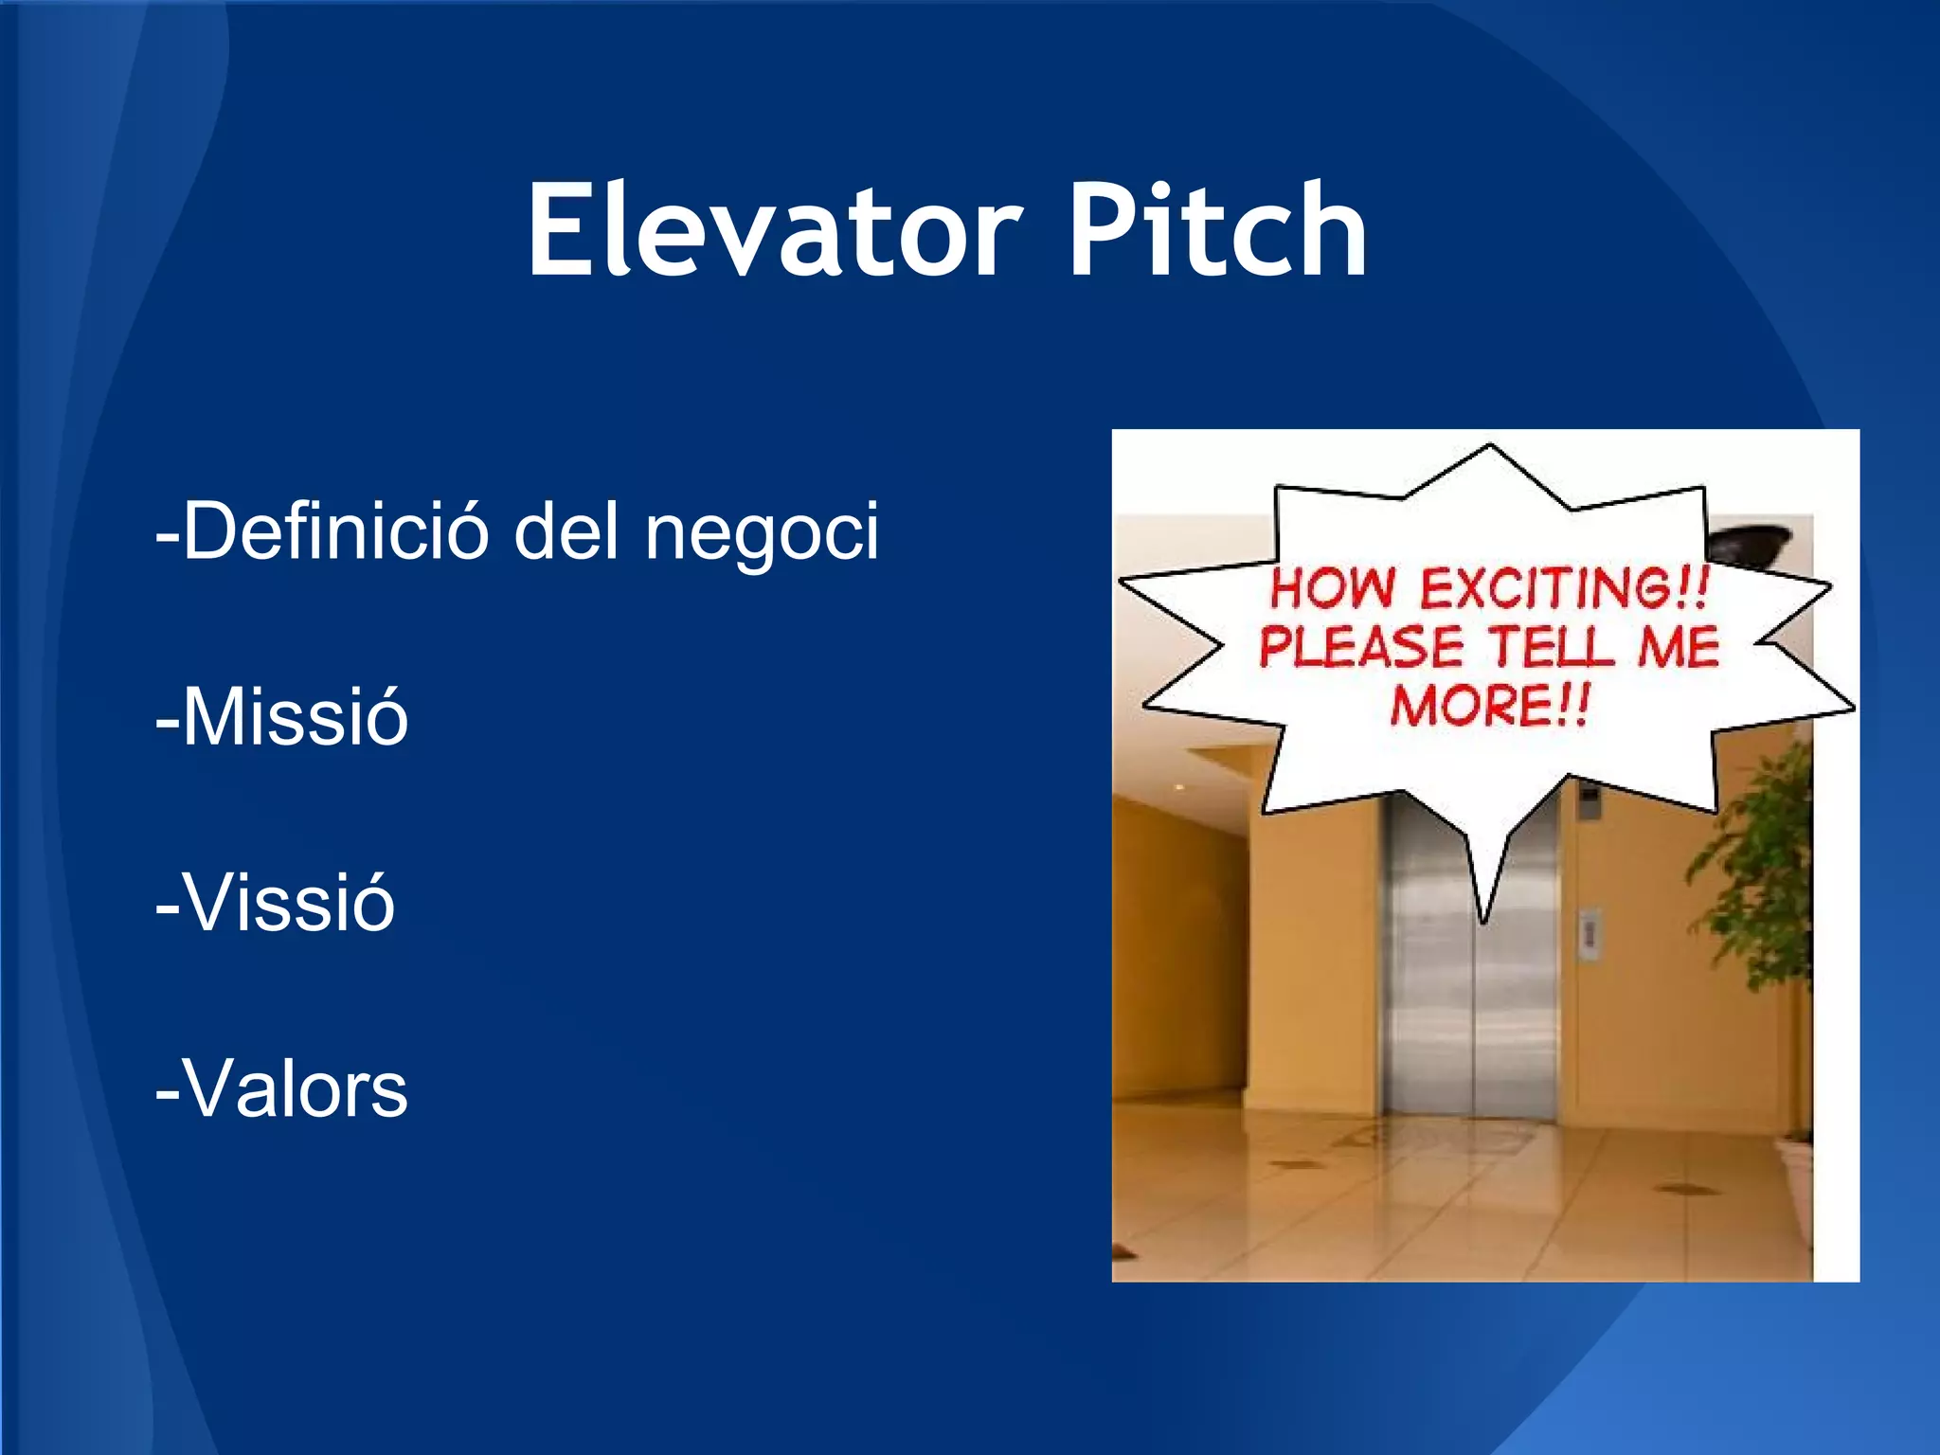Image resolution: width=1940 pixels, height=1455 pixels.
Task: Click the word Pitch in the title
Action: pos(1217,230)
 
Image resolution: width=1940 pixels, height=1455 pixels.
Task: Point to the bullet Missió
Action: pos(281,717)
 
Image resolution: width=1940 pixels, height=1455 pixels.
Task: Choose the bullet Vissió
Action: pos(275,903)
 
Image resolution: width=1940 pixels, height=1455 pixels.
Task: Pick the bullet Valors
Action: pos(281,1088)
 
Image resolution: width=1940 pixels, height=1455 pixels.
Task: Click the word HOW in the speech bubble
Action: pos(1331,588)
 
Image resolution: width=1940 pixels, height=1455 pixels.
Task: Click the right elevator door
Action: pos(1516,1004)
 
